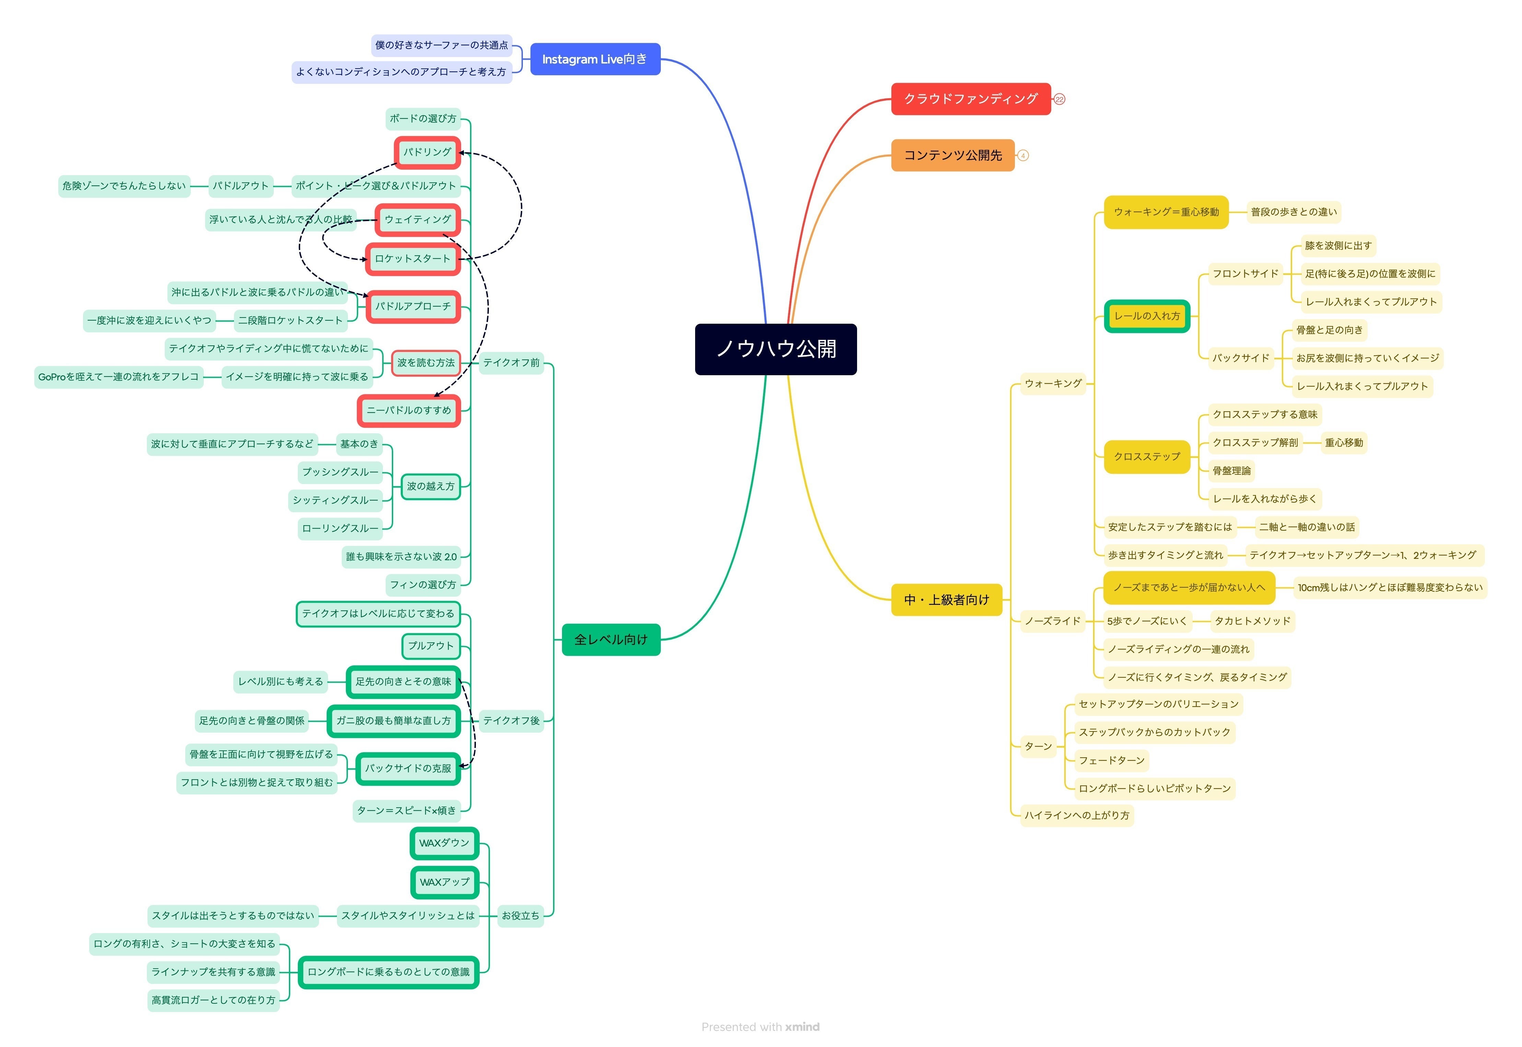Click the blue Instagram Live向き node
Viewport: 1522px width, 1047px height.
594,59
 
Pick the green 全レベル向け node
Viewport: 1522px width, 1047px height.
610,640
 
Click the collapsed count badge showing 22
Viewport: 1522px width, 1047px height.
1059,100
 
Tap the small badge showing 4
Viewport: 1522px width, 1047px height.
1022,156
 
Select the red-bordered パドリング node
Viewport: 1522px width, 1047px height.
427,152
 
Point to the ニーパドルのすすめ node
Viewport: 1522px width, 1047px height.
409,411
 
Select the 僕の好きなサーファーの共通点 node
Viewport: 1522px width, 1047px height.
441,45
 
